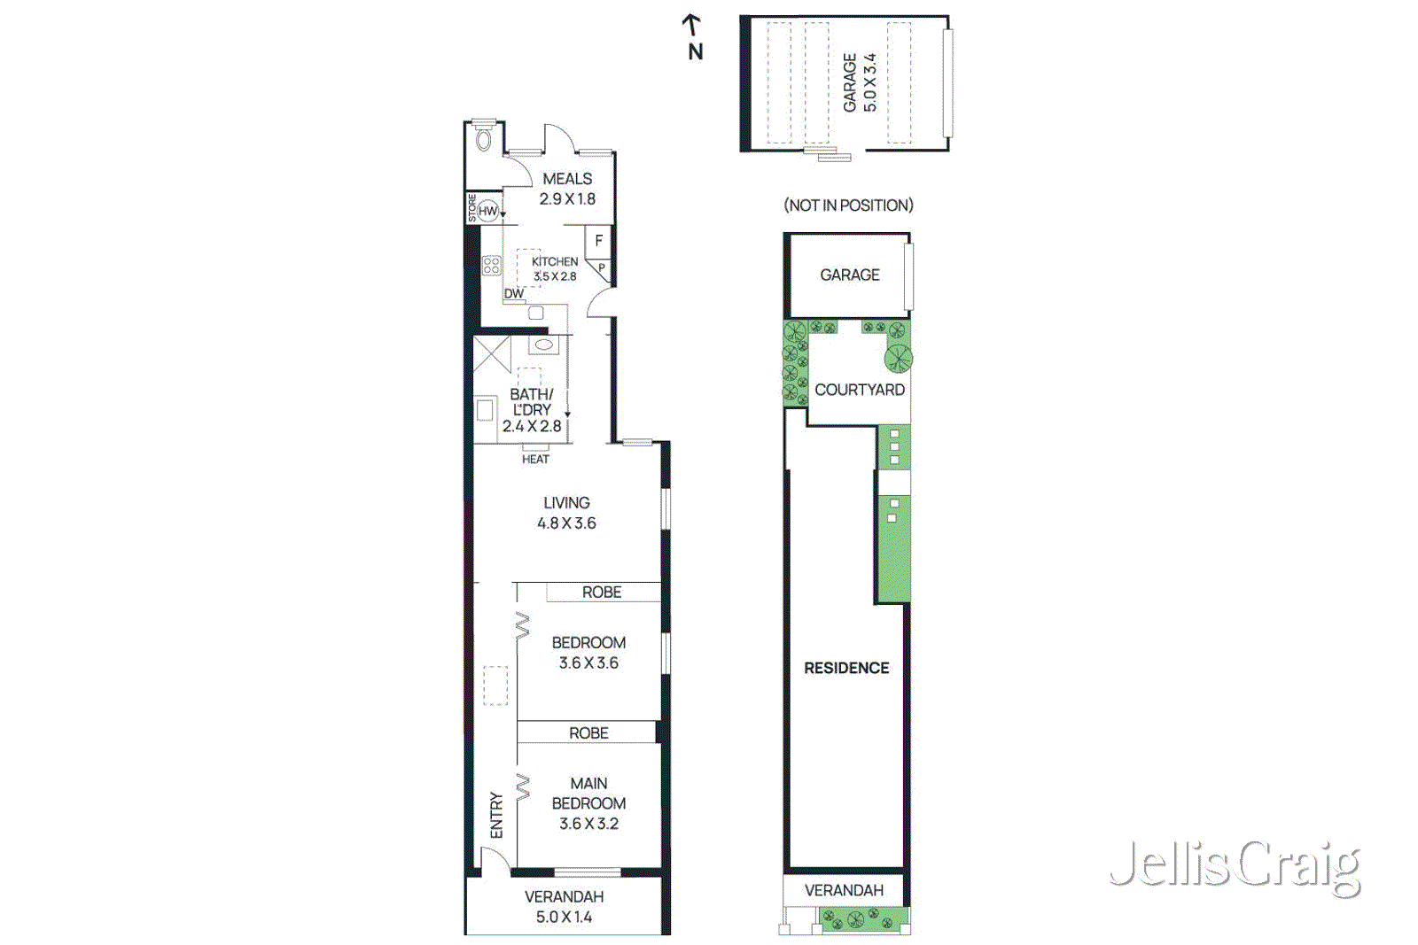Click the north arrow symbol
(692, 26)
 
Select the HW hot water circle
(487, 211)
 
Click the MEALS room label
(567, 180)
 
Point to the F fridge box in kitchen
(599, 241)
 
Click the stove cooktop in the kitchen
(492, 265)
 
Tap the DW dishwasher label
(514, 293)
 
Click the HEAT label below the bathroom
(535, 459)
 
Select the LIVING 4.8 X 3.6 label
(566, 513)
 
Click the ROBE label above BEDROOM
(602, 593)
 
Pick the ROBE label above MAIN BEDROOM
(588, 733)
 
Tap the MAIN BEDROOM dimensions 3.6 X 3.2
(588, 824)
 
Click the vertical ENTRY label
(496, 815)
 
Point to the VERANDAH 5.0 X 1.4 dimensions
(564, 917)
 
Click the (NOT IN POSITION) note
(848, 205)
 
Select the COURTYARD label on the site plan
(860, 390)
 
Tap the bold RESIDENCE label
(846, 668)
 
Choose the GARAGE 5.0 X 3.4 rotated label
(860, 82)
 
